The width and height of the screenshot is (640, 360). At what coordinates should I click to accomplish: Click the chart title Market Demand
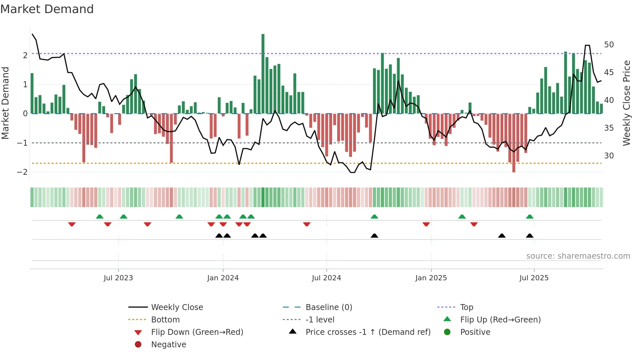(x=47, y=9)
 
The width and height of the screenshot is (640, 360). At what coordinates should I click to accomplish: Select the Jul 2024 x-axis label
(x=326, y=278)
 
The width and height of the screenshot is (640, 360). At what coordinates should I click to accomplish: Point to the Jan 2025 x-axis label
(x=431, y=278)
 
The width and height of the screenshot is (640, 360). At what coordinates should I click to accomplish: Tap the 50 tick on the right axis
(x=609, y=45)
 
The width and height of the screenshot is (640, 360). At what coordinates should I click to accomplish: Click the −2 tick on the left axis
(x=22, y=172)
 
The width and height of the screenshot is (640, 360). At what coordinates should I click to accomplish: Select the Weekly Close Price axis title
(x=626, y=103)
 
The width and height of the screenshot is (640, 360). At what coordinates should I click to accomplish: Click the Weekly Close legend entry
(x=177, y=307)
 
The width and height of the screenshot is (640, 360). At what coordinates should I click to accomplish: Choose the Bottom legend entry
(x=165, y=320)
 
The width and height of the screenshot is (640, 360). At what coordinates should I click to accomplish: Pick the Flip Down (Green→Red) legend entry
(x=197, y=332)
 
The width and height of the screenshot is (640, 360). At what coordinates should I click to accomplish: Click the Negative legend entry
(x=168, y=345)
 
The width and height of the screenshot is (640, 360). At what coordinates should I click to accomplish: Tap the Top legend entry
(x=467, y=307)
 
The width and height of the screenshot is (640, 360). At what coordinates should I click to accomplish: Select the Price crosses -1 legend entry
(x=368, y=332)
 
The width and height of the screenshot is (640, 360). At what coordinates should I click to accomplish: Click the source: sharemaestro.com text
(x=578, y=256)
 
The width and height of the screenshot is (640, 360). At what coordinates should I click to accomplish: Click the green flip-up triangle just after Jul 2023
(x=123, y=217)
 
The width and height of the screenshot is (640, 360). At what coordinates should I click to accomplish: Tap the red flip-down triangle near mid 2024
(x=307, y=224)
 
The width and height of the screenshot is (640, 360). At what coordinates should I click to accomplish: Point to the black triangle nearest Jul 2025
(x=530, y=236)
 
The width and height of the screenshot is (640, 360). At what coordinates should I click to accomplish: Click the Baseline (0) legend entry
(x=328, y=307)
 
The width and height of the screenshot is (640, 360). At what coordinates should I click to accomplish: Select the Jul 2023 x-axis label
(x=118, y=278)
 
